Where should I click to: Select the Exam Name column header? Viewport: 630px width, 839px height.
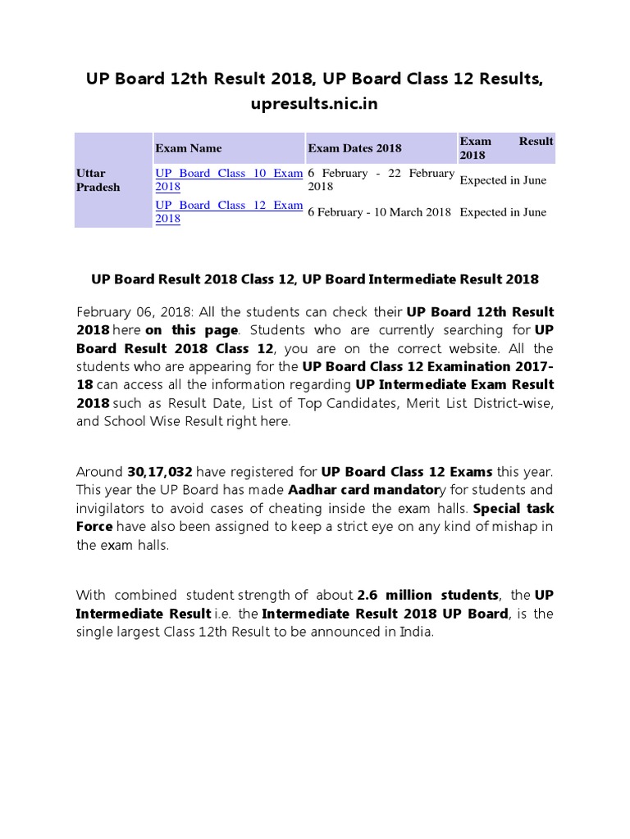189,148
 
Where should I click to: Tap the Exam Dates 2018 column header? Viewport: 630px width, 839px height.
354,148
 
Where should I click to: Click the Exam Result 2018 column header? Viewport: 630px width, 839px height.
505,147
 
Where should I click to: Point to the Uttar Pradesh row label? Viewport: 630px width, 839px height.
98,180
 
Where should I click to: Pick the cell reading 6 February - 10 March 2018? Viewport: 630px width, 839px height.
379,212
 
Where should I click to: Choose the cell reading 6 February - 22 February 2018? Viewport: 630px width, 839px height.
381,179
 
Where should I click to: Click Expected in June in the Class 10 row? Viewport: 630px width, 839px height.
503,180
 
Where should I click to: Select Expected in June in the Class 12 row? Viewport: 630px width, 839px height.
503,212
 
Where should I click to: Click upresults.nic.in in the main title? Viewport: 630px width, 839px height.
314,106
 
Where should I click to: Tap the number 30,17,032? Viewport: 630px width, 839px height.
160,473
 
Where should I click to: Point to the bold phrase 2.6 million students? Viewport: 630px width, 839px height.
428,596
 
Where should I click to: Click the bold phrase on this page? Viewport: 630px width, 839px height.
192,330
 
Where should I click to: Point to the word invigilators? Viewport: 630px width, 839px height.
110,509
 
